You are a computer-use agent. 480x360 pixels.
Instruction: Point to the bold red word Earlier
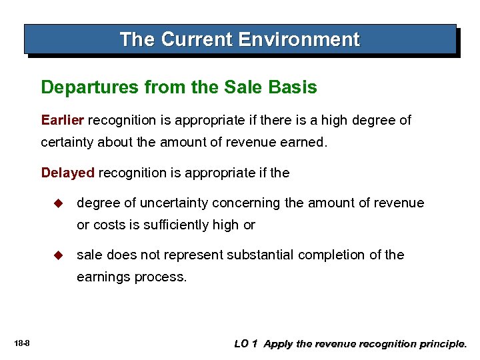(x=63, y=120)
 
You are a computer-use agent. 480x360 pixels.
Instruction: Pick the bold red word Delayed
(x=67, y=173)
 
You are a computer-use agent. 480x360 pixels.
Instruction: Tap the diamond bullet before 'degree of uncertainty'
(x=57, y=203)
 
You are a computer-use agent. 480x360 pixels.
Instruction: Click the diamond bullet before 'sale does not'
(x=57, y=255)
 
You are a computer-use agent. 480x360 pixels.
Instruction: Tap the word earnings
(x=103, y=277)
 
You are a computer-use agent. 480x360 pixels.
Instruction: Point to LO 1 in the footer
(x=246, y=344)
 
